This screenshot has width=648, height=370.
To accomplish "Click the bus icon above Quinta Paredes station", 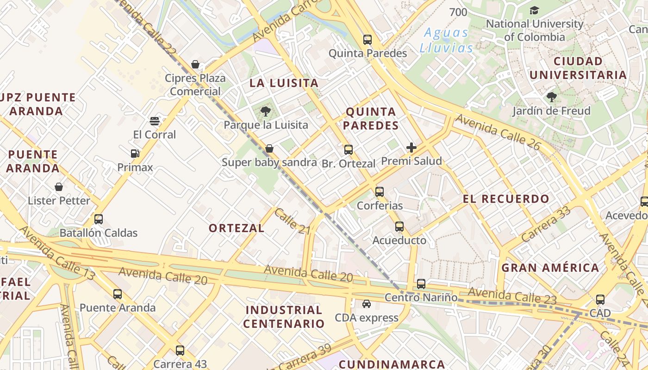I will [x=368, y=40].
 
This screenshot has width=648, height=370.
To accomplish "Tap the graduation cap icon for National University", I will [x=534, y=10].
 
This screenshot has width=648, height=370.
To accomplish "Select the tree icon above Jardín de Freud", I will [x=551, y=97].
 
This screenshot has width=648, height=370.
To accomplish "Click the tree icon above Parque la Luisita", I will [x=265, y=111].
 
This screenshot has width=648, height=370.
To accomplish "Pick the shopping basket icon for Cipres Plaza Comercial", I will [x=195, y=64].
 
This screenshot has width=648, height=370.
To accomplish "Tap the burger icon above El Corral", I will [x=155, y=121].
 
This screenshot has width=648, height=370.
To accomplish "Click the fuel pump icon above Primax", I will [x=135, y=153].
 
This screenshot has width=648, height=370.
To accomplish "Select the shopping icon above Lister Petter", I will [x=59, y=187].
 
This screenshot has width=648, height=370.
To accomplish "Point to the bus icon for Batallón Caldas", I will [x=99, y=219].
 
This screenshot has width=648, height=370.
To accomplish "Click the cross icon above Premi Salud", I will [x=411, y=148].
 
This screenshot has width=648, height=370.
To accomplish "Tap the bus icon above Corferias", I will [x=380, y=191].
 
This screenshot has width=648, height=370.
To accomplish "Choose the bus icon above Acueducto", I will [x=399, y=227].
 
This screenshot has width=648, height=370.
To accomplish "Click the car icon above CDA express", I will [x=367, y=304].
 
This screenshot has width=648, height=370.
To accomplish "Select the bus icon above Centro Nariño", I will [x=421, y=284].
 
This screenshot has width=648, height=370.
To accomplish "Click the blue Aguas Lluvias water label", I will [x=447, y=40].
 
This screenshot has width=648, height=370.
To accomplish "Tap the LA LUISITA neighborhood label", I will [x=284, y=83].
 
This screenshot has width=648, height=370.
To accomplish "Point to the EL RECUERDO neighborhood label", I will [x=506, y=199].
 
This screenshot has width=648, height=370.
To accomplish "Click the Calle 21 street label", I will [x=292, y=221].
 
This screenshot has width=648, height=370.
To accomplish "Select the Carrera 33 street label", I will [x=546, y=224].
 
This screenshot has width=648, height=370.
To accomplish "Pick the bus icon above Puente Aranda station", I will [x=118, y=294].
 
